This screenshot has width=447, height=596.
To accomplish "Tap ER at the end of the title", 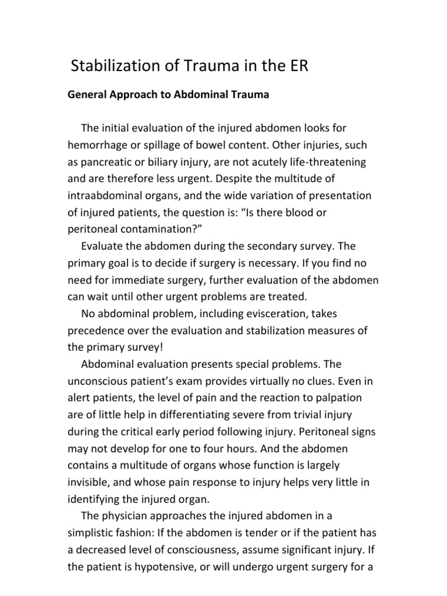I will (296, 66).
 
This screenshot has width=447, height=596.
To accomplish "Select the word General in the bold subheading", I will (88, 95).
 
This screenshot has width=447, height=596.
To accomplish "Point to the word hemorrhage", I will (97, 144).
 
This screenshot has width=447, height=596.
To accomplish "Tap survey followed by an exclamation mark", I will (141, 347).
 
